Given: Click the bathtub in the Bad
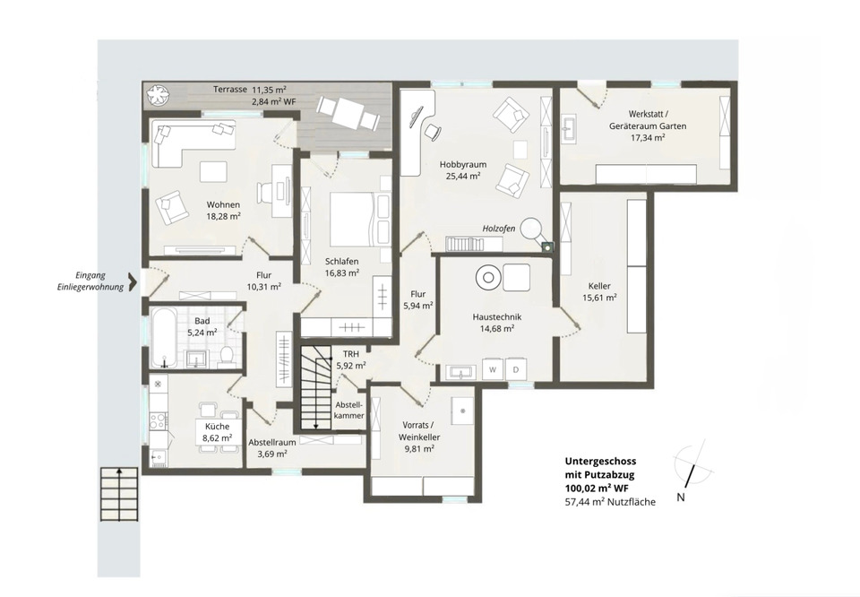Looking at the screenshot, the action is tap(164, 337).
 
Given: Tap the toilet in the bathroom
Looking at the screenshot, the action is tap(226, 356).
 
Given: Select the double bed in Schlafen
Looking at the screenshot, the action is tap(353, 219).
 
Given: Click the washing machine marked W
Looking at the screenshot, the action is tap(493, 369).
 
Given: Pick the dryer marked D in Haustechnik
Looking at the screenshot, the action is tap(516, 369).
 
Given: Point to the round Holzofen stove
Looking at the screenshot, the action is tap(531, 229).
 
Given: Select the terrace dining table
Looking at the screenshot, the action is tap(348, 112).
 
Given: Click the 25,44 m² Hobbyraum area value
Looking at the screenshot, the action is tap(463, 176).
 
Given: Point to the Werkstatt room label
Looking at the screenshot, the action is tap(648, 115).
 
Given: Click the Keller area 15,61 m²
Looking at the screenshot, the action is tap(599, 298).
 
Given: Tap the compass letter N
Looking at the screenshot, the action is tap(681, 498).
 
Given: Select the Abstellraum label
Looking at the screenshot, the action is tap(272, 442).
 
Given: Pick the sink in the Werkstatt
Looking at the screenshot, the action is tap(568, 128).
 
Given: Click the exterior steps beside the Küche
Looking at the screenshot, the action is tap(119, 494).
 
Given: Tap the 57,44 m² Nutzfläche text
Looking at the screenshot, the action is tap(610, 501).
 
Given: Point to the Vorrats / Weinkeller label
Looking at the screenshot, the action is tap(421, 431).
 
